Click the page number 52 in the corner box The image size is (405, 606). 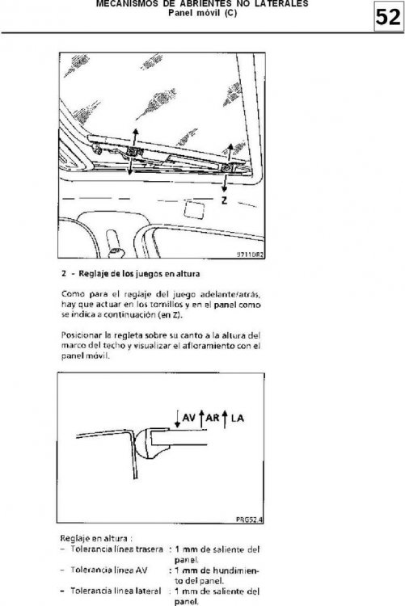pyautogui.click(x=388, y=18)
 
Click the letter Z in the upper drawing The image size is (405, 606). pyautogui.click(x=225, y=200)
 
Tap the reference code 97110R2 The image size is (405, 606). pyautogui.click(x=250, y=255)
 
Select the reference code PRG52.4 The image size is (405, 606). pyautogui.click(x=250, y=519)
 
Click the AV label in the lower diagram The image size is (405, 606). pyautogui.click(x=188, y=418)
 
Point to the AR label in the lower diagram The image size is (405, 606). pyautogui.click(x=213, y=418)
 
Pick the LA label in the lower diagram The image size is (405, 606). pyautogui.click(x=238, y=419)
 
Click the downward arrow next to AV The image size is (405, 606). pyautogui.click(x=177, y=419)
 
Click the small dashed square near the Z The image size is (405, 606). pyautogui.click(x=194, y=208)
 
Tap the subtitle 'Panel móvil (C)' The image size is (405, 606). pyautogui.click(x=202, y=13)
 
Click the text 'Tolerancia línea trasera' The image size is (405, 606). pyautogui.click(x=117, y=549)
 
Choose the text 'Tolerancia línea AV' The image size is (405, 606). pyautogui.click(x=108, y=570)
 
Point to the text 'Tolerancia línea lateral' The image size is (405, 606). pyautogui.click(x=116, y=591)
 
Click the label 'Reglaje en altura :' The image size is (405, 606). pyautogui.click(x=96, y=538)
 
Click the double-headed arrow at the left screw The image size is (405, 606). pyautogui.click(x=133, y=152)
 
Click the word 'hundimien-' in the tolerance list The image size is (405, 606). pyautogui.click(x=236, y=570)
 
